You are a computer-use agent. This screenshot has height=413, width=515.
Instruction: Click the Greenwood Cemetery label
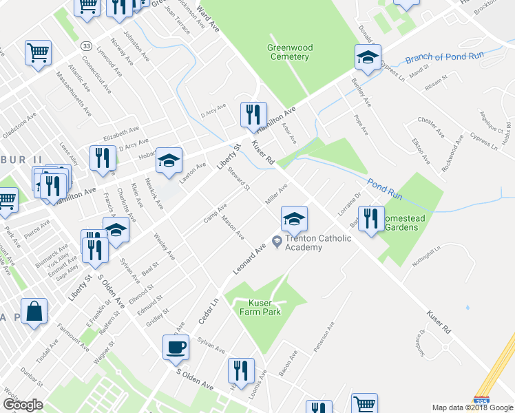(290, 52)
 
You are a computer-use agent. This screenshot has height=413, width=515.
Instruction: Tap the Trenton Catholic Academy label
(318, 243)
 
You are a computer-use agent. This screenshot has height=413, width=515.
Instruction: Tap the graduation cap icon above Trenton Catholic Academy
(294, 219)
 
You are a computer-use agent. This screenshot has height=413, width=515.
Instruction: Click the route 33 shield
(86, 45)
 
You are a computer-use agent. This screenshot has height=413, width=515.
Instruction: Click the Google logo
(23, 405)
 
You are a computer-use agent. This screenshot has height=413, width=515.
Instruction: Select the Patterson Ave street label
(324, 337)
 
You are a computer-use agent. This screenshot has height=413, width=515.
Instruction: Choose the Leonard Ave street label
(249, 260)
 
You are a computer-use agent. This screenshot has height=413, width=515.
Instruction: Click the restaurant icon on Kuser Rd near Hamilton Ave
(253, 114)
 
